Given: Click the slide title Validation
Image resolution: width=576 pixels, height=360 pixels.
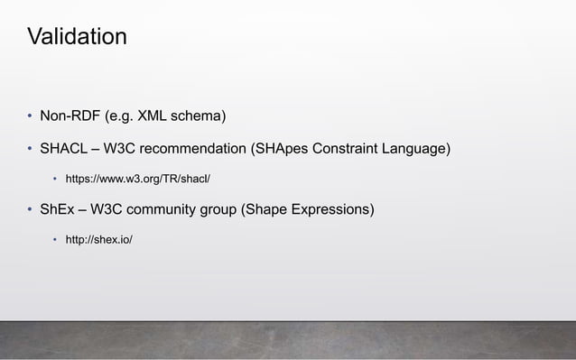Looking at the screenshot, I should pyautogui.click(x=77, y=38).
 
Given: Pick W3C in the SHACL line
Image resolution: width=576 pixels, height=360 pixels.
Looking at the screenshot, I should pyautogui.click(x=122, y=148).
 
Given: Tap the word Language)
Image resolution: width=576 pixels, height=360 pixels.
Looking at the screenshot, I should pyautogui.click(x=417, y=148).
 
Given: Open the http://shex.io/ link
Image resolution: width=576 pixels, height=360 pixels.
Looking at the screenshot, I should pyautogui.click(x=98, y=240).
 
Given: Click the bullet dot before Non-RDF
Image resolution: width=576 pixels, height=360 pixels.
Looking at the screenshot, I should pyautogui.click(x=28, y=117).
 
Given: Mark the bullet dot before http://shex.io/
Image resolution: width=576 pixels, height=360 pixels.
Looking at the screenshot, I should pyautogui.click(x=53, y=240).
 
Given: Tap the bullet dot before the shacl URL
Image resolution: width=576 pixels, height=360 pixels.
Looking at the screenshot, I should pyautogui.click(x=53, y=179).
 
